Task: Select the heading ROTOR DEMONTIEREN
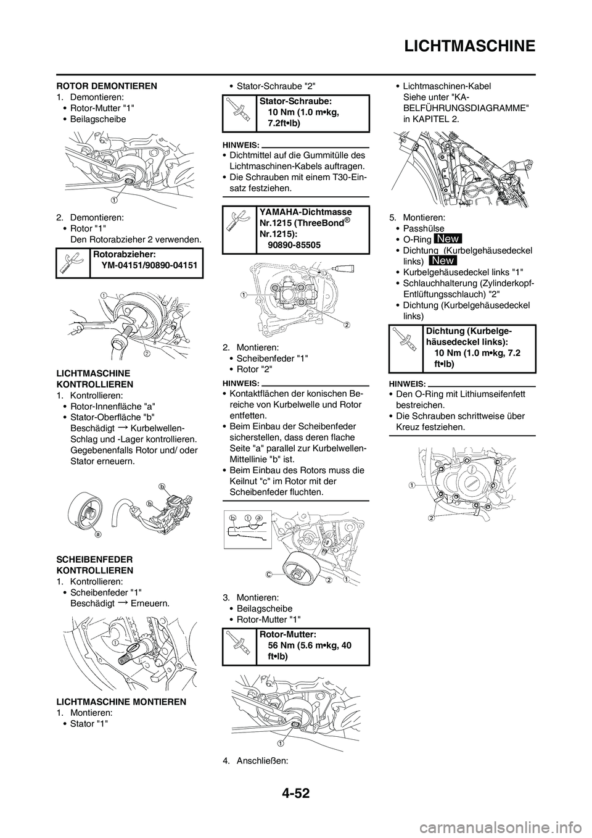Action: (106, 86)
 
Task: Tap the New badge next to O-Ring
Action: (448, 239)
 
